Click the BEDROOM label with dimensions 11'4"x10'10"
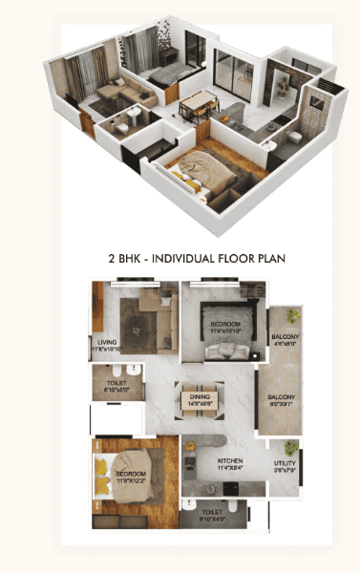[225, 326]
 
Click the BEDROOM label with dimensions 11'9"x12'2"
[131, 475]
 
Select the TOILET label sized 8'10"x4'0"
[214, 513]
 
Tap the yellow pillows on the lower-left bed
[100, 474]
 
